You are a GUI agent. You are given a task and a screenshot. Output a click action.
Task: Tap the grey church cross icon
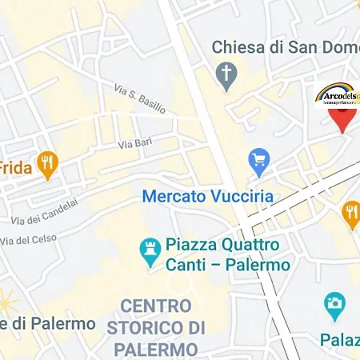click(x=227, y=74)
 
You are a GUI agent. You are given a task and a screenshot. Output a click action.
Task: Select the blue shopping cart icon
click(x=258, y=162)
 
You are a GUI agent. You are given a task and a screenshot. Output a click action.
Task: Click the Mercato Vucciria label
click(x=207, y=196)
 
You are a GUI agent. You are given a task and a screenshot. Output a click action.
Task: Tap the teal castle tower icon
click(x=149, y=253)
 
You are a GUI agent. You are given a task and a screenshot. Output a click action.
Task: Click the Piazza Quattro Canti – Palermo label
click(x=227, y=254)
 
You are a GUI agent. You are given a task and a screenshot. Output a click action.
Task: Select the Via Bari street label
click(x=135, y=144)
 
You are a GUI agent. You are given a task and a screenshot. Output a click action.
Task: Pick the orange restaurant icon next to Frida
click(x=49, y=166)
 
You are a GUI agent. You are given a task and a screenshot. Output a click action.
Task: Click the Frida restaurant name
click(x=15, y=167)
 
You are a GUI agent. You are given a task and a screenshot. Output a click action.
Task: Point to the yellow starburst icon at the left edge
click(x=8, y=302)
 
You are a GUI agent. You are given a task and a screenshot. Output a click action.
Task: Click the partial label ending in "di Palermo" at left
click(x=48, y=324)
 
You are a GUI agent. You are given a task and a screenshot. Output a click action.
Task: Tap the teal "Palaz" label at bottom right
click(x=339, y=339)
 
